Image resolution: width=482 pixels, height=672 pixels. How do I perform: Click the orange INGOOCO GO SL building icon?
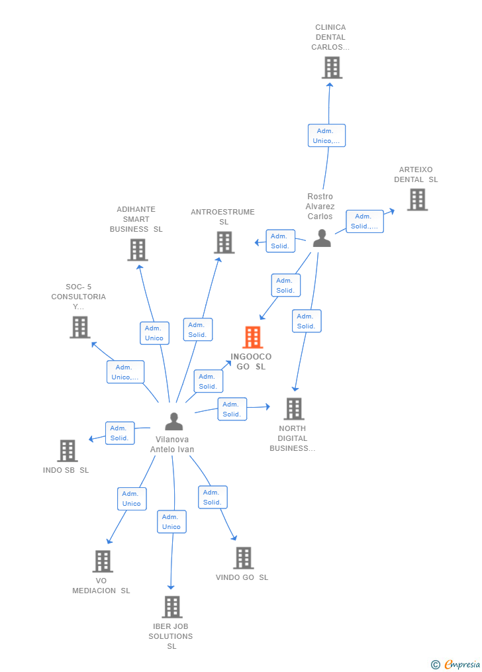click(x=252, y=338)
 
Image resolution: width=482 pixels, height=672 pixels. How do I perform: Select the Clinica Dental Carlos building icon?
click(x=332, y=68)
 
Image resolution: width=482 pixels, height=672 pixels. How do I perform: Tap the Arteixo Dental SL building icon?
click(x=417, y=199)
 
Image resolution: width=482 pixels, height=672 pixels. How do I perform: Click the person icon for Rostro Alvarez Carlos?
click(x=322, y=238)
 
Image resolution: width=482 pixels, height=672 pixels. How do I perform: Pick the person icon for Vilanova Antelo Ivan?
click(x=173, y=422)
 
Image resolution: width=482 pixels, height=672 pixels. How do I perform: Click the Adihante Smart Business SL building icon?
click(x=137, y=250)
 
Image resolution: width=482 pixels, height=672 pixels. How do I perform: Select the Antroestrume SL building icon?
click(x=224, y=242)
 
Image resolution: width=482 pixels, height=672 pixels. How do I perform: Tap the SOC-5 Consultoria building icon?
click(x=79, y=327)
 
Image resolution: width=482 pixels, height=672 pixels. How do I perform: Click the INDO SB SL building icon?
click(x=68, y=451)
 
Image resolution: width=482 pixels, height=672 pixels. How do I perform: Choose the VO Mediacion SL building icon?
click(x=102, y=561)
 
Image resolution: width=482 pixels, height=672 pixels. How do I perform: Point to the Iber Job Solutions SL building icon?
click(x=171, y=606)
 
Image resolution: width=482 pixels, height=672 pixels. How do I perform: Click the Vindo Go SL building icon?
click(x=243, y=557)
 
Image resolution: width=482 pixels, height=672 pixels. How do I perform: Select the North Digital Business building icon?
click(x=293, y=408)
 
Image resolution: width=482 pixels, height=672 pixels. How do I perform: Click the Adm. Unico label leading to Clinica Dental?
click(x=326, y=136)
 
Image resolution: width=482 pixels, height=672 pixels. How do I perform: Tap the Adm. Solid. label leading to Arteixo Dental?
click(x=364, y=221)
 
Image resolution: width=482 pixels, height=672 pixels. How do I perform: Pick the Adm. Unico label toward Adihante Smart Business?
click(x=154, y=333)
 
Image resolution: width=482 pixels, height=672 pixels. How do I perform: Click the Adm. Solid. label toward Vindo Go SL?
click(x=213, y=497)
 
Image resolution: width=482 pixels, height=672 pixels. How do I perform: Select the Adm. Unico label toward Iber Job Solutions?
click(x=171, y=522)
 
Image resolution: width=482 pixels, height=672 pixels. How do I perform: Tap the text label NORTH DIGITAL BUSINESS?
click(x=293, y=438)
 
